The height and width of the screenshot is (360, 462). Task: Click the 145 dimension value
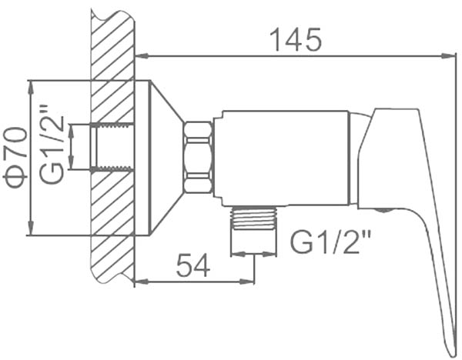[296, 39]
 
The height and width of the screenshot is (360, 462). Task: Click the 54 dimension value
[193, 265]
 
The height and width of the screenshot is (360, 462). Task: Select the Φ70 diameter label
[15, 157]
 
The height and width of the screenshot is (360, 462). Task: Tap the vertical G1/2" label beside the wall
[52, 145]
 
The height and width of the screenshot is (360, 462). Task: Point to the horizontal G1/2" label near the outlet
[330, 242]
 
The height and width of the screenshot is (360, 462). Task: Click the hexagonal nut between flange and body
[198, 157]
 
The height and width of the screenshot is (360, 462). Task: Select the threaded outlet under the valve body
[254, 218]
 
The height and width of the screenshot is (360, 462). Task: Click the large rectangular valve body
[281, 158]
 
